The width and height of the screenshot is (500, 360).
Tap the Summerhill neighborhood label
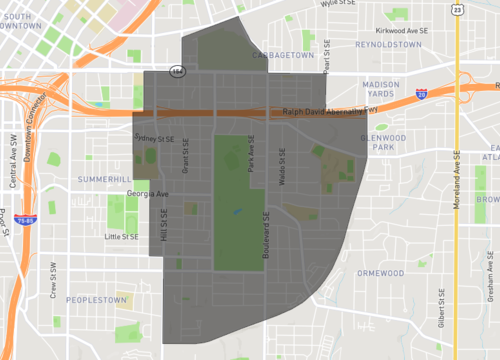(x=104, y=178)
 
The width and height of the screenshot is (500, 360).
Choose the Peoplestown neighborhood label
(x=96, y=299)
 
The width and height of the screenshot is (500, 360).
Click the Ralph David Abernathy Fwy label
(x=331, y=111)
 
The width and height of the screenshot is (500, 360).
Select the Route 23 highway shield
(x=457, y=8)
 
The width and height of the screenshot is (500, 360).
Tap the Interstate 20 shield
(x=422, y=93)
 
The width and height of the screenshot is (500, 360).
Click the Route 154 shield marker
(x=177, y=71)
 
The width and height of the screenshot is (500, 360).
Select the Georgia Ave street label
(x=148, y=194)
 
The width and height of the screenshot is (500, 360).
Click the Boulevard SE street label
(x=267, y=236)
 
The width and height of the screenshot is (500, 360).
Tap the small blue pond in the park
(x=236, y=212)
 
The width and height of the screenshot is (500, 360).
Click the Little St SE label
(x=121, y=237)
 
